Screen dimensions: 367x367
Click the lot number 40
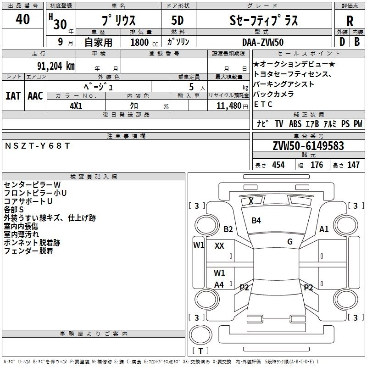(22, 19)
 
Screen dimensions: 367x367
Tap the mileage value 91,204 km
(56, 66)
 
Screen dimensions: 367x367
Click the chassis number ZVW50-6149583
(308, 146)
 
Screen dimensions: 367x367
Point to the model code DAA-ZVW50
(263, 42)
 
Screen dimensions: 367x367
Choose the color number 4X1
(76, 106)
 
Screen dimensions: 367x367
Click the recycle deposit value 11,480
(229, 106)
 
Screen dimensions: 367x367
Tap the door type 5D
(178, 21)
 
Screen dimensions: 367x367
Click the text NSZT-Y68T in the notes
(37, 146)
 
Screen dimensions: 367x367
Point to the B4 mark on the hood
(256, 221)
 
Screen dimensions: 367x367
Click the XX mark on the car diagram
(219, 246)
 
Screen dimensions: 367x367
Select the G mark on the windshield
(290, 242)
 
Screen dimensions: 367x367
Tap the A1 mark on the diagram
(324, 229)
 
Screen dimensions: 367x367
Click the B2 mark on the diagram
(228, 229)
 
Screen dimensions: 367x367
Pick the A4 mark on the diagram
(219, 285)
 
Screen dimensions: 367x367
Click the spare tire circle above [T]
(200, 335)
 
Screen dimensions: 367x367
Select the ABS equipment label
(295, 124)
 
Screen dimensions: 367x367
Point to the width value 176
(317, 165)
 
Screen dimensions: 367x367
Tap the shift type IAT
(13, 96)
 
